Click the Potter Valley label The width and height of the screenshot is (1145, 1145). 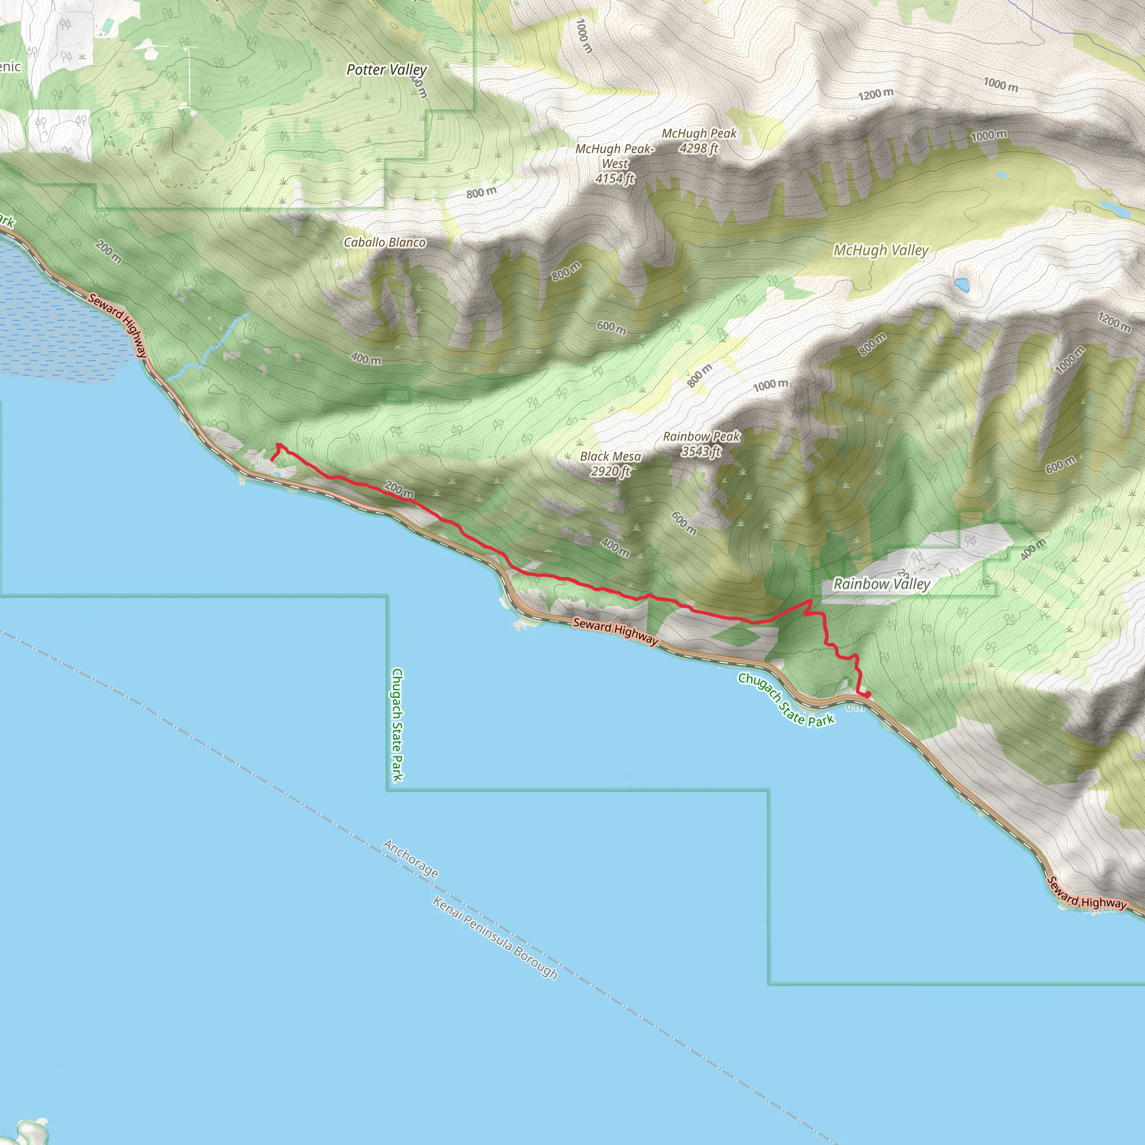click(386, 70)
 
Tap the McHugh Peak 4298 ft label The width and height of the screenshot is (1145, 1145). click(699, 141)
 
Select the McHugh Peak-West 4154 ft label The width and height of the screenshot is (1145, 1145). click(614, 164)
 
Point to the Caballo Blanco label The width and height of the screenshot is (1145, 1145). click(385, 243)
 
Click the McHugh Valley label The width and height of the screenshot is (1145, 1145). click(881, 250)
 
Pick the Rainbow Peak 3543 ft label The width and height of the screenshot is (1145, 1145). click(701, 444)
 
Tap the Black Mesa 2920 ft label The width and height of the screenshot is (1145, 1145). click(611, 463)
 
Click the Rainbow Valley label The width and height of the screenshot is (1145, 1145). click(881, 584)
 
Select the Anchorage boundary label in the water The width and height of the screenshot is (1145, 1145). click(411, 859)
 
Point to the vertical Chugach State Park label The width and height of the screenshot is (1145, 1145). click(397, 725)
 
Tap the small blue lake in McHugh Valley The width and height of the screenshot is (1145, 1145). click(961, 285)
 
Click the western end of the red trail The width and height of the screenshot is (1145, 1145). click(272, 460)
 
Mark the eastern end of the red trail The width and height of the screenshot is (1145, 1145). click(868, 694)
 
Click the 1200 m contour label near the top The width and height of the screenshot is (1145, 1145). click(876, 93)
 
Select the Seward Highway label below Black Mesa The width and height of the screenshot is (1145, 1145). click(615, 631)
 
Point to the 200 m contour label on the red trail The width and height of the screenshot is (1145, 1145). click(399, 490)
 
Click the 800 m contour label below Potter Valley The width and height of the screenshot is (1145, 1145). click(481, 193)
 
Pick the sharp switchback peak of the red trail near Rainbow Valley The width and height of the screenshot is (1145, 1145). click(810, 602)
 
